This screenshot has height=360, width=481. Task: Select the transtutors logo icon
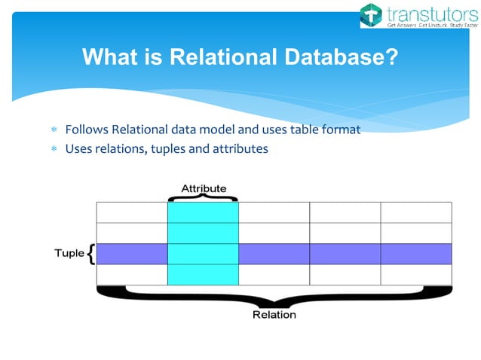click(371, 14)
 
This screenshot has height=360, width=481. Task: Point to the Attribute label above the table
click(203, 188)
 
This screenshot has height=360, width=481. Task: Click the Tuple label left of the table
click(69, 254)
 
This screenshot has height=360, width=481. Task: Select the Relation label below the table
click(274, 314)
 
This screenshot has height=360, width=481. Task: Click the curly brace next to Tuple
click(91, 254)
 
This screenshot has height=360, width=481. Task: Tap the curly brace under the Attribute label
click(202, 197)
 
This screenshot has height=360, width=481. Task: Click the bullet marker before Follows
click(54, 130)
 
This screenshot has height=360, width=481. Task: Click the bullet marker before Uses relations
click(54, 149)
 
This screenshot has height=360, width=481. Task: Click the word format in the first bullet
click(341, 130)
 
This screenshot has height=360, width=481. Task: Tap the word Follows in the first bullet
click(87, 130)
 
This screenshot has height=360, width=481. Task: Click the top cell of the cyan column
click(202, 212)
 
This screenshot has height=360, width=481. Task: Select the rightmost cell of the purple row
click(415, 254)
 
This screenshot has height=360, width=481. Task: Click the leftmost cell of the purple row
click(132, 254)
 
